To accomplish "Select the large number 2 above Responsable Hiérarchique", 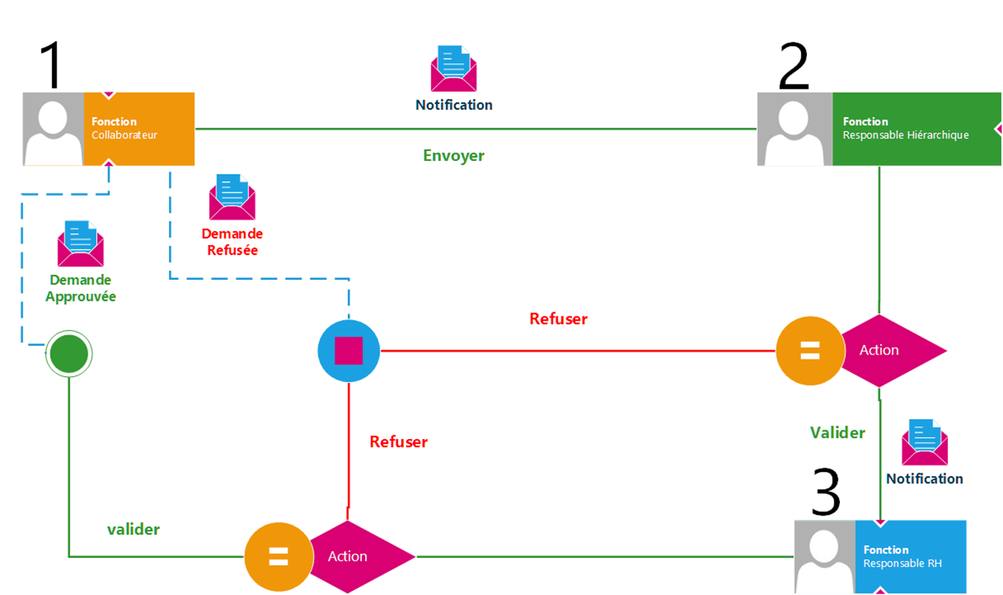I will pos(793,67).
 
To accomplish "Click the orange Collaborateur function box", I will pos(139,129).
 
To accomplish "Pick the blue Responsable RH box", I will pos(910,557).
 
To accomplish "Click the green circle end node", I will pos(69,352).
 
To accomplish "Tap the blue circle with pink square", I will pos(348,351).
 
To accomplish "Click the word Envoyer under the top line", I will pos(454,155).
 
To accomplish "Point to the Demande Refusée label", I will pos(232,242).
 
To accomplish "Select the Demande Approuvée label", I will pos(80,288).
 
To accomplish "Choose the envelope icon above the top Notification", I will pos(454,69).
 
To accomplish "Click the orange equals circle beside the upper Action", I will pos(809,351).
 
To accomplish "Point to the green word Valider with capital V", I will pos(837,432).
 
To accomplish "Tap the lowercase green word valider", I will pos(134,529).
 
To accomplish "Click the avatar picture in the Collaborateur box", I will pos(54,129).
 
